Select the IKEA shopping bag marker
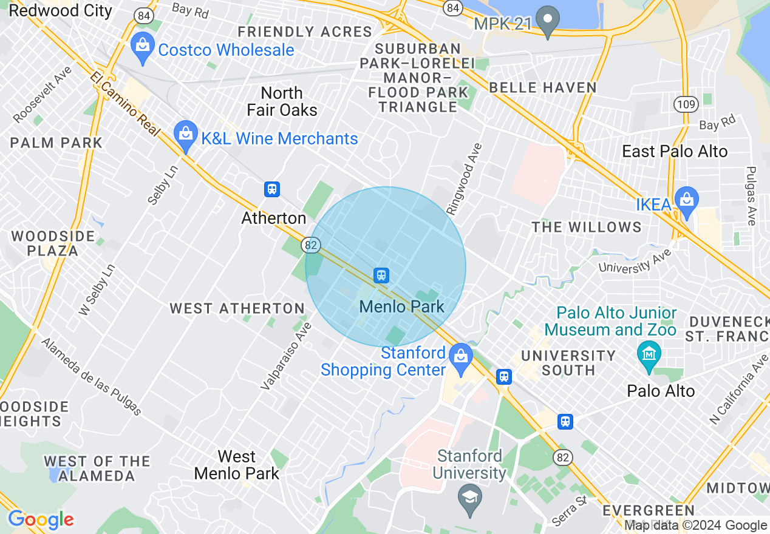(x=687, y=204)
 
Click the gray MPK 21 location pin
(x=550, y=23)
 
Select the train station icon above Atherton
(x=272, y=189)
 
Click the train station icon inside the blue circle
(x=381, y=275)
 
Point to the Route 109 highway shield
(x=684, y=105)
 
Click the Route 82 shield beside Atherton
(x=311, y=245)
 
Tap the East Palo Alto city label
(x=674, y=151)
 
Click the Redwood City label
(x=61, y=10)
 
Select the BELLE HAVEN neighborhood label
(x=543, y=87)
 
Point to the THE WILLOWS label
(x=587, y=227)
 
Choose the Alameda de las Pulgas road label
(x=91, y=377)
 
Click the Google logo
(x=41, y=519)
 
